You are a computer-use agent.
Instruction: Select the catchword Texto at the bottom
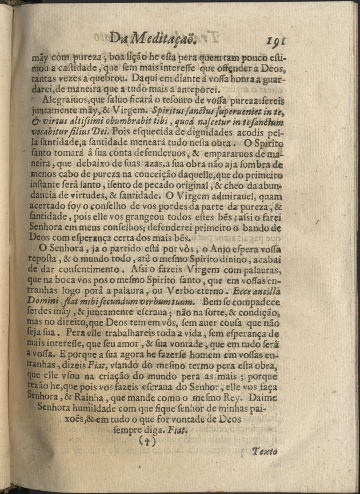coord(265,452)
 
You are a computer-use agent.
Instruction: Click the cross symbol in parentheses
coord(147,441)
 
